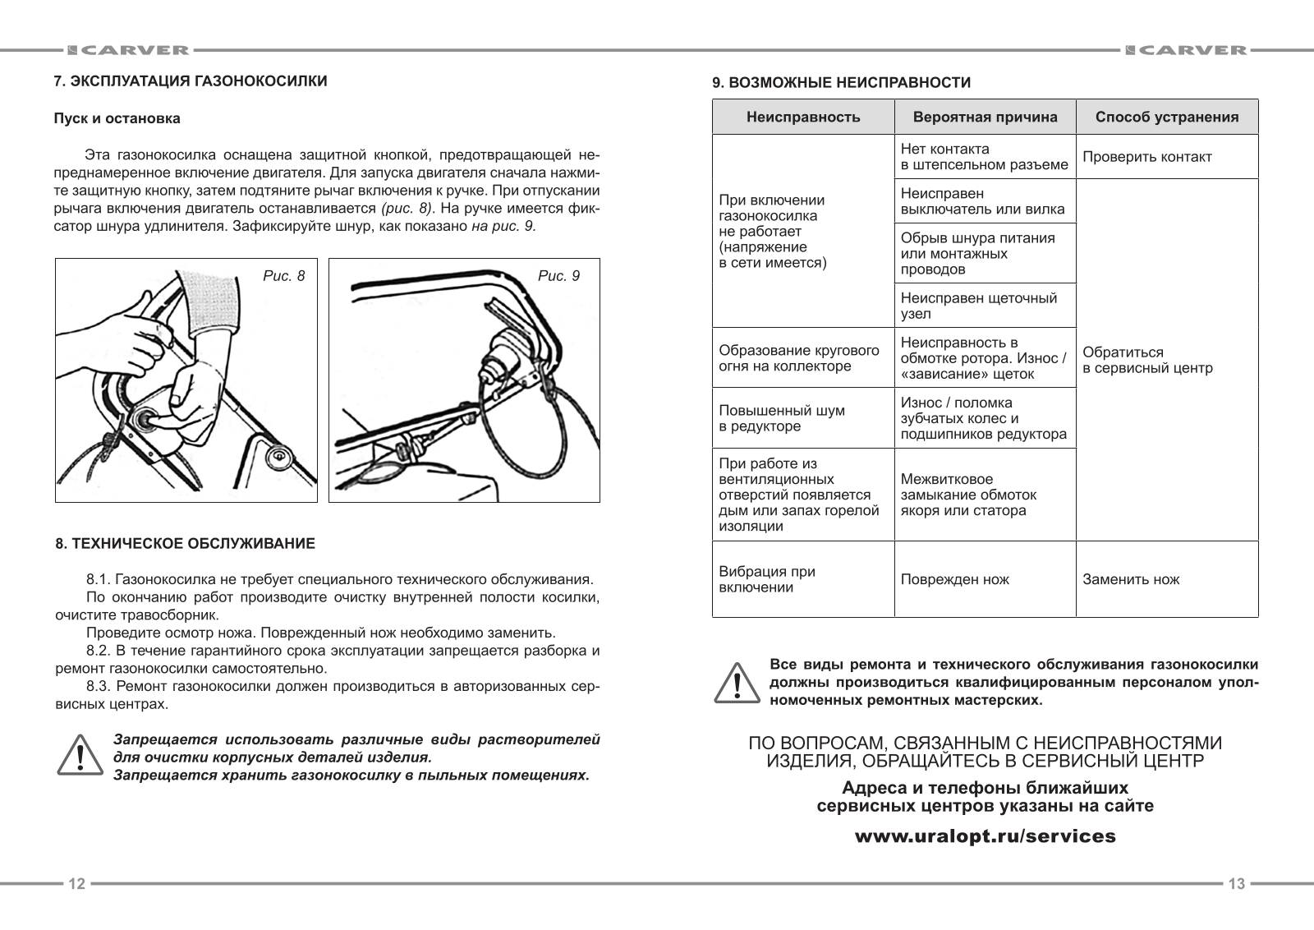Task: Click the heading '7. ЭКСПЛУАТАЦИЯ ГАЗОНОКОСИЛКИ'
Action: point(191,81)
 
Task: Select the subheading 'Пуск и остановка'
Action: point(117,118)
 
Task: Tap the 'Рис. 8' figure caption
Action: point(284,276)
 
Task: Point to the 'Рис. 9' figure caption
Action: point(558,276)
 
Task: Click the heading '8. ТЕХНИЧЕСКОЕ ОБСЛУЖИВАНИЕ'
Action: point(185,544)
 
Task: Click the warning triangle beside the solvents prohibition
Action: point(80,754)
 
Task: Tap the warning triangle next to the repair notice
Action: point(737,682)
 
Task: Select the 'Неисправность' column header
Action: point(803,117)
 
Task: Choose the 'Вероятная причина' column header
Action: point(985,117)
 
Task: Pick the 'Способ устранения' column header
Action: point(1167,117)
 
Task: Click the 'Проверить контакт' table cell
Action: point(1146,157)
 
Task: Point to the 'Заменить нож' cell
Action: point(1131,579)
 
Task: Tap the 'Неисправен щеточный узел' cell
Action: point(979,306)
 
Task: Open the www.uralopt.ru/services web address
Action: point(985,836)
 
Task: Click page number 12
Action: point(76,884)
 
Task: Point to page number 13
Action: point(1236,884)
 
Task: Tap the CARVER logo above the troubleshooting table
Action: point(1185,50)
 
